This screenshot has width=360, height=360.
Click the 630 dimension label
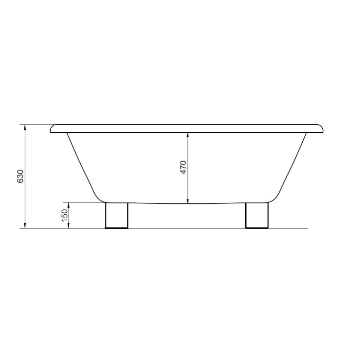click(20, 177)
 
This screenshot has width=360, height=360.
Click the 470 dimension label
click(183, 168)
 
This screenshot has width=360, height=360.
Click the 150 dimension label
click(65, 215)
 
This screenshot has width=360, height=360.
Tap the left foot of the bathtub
click(116, 215)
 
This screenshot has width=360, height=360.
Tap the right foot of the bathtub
click(257, 215)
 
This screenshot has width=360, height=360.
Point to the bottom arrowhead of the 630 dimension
click(25, 225)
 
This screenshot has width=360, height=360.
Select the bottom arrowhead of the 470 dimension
click(188, 200)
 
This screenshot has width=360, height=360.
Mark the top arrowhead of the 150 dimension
click(69, 205)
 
